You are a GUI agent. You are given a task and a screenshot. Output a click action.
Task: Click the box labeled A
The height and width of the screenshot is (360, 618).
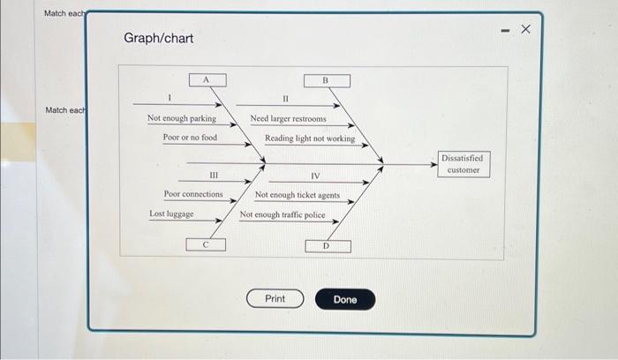206,80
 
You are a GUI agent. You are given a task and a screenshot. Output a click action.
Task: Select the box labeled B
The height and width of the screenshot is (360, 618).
326,81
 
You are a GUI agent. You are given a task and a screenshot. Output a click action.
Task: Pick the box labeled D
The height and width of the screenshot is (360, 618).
326,246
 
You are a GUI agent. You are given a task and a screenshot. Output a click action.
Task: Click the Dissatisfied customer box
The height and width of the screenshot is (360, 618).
463,163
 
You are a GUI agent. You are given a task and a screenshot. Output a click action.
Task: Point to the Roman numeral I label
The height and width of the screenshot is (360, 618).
169,97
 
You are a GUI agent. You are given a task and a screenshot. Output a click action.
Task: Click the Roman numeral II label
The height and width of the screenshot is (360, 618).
285,99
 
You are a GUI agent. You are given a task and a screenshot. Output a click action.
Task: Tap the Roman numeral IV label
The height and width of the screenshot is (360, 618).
315,176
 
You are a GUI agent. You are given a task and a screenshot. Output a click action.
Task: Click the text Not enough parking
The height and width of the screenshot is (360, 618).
181,118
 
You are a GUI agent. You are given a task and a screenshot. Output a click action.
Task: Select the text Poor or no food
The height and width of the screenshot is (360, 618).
190,138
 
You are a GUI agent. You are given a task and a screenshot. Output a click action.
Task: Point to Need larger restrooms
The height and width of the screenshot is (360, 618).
288,118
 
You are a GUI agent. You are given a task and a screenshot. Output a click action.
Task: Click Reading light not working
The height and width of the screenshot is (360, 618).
310,139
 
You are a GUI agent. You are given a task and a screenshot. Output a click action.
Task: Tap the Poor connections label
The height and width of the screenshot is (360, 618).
193,194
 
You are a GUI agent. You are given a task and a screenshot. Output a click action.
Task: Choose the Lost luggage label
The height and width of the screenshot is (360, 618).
171,214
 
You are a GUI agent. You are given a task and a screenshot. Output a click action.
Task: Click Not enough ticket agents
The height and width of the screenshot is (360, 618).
298,195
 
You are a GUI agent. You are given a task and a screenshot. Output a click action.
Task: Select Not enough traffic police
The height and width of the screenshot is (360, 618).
283,214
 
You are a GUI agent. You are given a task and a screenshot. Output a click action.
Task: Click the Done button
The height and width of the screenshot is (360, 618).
345,299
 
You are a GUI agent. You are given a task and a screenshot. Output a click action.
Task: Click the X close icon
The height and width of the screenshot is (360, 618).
526,30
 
